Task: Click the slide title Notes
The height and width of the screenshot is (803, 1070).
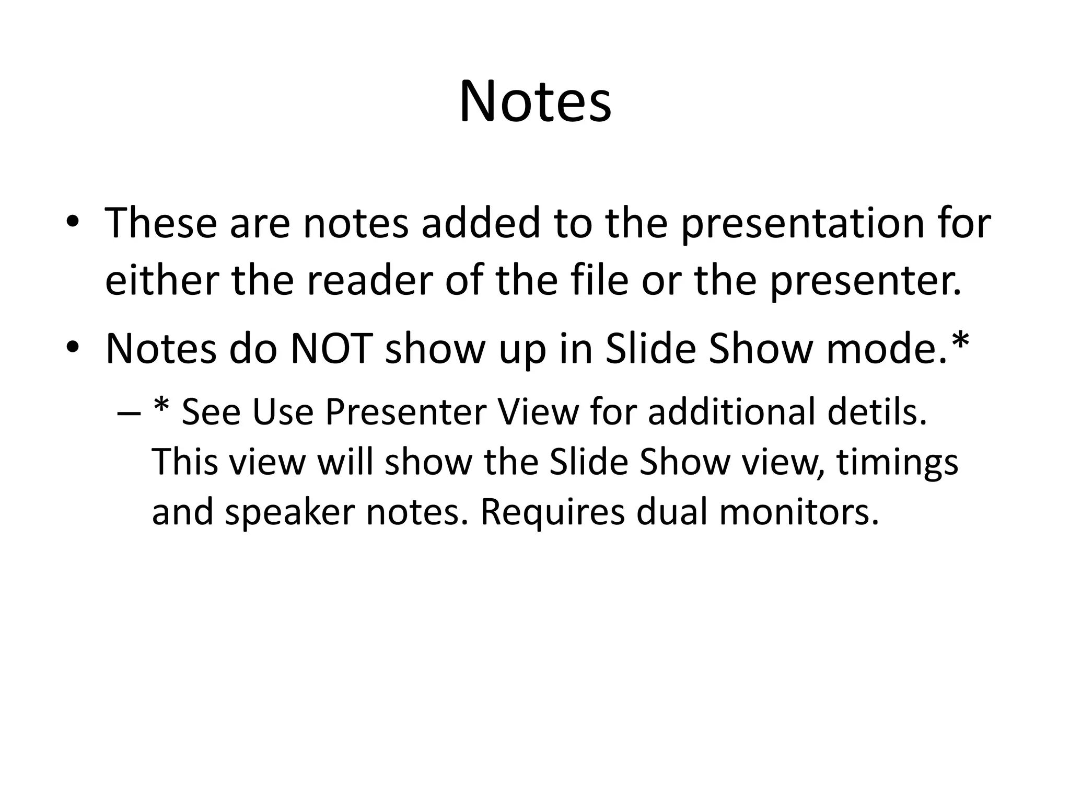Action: (534, 101)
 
